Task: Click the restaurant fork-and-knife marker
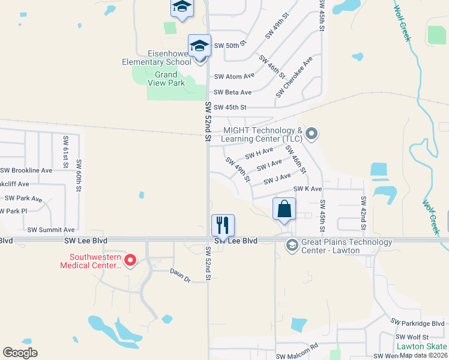223,226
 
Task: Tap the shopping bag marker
285,209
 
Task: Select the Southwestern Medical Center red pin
130,260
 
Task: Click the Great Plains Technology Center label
346,246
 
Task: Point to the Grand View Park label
166,79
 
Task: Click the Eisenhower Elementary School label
156,58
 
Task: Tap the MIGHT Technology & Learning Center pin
311,133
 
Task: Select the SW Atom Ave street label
234,76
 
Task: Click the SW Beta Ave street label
232,92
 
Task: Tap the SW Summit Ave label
51,230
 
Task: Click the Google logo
20,353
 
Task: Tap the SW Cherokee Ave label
295,78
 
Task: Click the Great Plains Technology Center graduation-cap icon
292,244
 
